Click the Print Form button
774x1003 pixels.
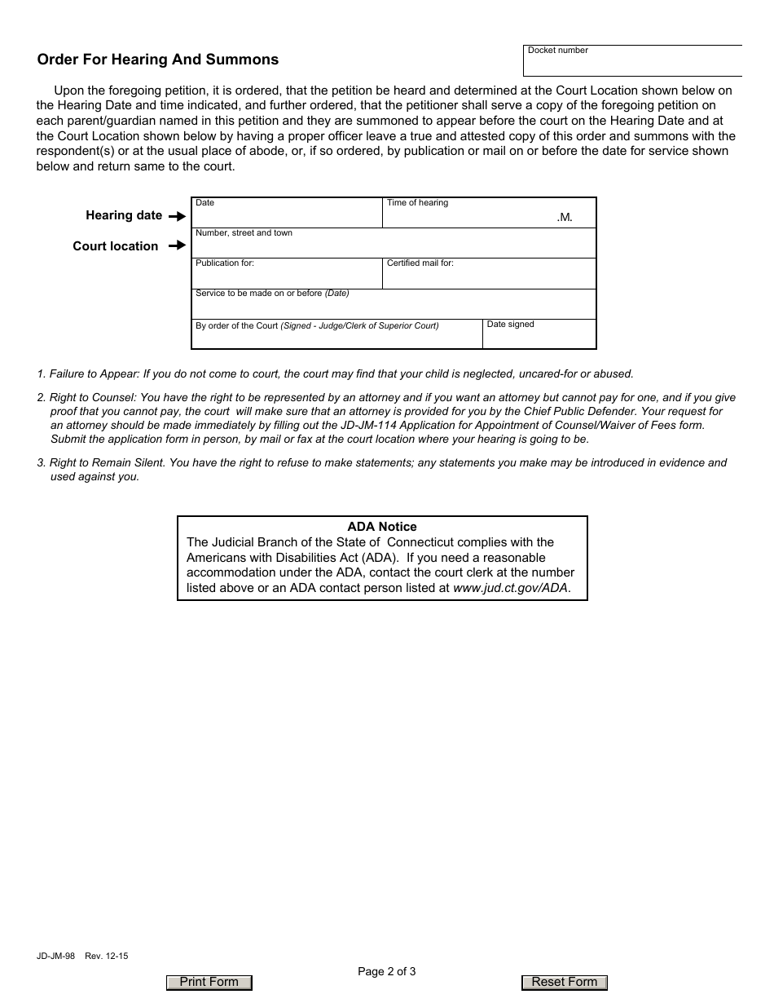[209, 983]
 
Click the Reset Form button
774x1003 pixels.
[564, 983]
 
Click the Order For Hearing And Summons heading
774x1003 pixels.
[158, 60]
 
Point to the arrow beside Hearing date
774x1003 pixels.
[177, 217]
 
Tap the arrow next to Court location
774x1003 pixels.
[177, 245]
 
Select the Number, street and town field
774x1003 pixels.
[394, 247]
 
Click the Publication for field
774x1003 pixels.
[287, 278]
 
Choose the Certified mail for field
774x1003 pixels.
[489, 278]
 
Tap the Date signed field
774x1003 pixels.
[539, 338]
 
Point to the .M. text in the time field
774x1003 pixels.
[565, 218]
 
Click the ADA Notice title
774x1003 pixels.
[382, 527]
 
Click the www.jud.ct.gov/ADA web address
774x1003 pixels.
[511, 587]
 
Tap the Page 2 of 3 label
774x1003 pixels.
[387, 970]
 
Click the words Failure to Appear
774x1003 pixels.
[93, 374]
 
